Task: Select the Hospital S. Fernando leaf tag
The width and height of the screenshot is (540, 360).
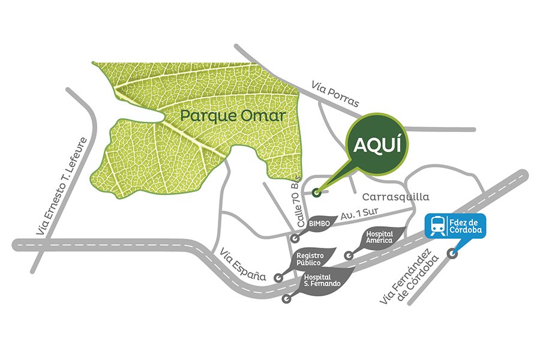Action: pyautogui.click(x=322, y=280)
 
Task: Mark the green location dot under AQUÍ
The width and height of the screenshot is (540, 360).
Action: pyautogui.click(x=317, y=192)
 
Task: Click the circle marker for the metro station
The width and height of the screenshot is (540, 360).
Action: pyautogui.click(x=453, y=253)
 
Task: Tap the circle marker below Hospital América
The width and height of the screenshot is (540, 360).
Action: pyautogui.click(x=349, y=255)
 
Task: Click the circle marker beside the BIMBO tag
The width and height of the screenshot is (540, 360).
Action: pyautogui.click(x=295, y=238)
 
